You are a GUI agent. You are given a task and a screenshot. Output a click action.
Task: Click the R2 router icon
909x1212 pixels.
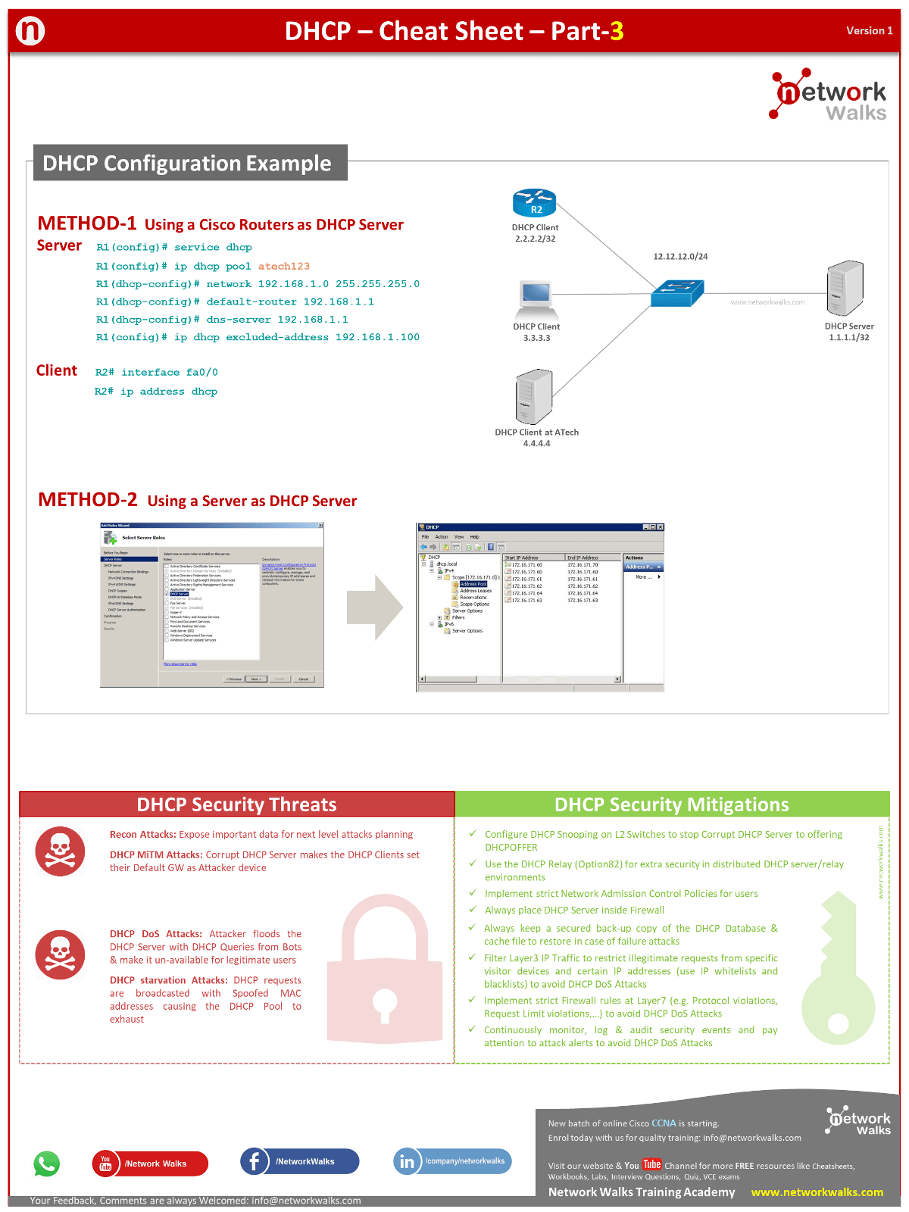[535, 202]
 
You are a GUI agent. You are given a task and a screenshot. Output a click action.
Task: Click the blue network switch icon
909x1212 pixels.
[677, 293]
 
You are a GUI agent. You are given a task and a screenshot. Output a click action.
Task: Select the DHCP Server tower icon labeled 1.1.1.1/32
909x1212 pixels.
[845, 288]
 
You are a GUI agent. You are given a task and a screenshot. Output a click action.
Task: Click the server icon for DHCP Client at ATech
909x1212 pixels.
[534, 396]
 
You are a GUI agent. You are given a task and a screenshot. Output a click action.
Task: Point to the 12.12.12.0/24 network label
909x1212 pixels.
[680, 256]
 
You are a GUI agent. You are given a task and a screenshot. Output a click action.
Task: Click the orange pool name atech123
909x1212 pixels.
[283, 266]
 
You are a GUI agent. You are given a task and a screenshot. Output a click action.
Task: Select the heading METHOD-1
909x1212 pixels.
[87, 223]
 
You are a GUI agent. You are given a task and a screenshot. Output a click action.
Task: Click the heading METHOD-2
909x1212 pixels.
[88, 500]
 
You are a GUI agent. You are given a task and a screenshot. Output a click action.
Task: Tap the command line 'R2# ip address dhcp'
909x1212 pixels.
[156, 392]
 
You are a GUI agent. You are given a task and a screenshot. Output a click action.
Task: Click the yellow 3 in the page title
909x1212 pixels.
[617, 31]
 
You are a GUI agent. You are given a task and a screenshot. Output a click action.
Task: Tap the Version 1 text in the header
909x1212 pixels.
[869, 31]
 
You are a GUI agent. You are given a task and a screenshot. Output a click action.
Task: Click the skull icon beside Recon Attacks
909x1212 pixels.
[60, 851]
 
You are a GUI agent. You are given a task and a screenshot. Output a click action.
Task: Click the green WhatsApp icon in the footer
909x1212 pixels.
[47, 1164]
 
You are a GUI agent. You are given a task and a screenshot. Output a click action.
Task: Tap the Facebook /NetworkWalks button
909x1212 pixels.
[300, 1161]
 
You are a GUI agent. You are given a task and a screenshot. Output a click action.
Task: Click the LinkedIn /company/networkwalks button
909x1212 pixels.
[453, 1161]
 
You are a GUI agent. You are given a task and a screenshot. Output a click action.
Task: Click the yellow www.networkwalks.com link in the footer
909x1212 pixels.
[817, 1192]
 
